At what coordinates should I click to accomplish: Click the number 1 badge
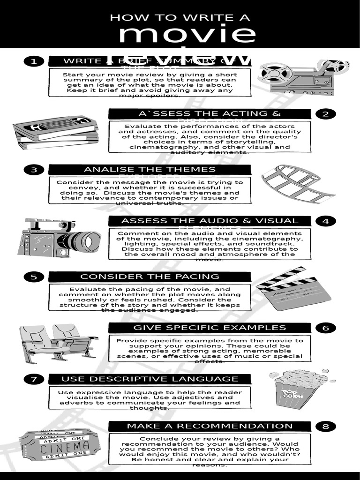pos(33,61)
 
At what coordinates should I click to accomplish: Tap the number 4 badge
pos(326,221)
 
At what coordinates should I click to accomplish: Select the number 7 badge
pos(33,379)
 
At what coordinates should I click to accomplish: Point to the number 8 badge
pos(326,427)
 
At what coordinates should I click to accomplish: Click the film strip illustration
pos(297,184)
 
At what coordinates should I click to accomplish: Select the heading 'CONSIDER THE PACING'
pos(150,277)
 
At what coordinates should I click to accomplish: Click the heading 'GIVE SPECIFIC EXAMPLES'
pos(210,328)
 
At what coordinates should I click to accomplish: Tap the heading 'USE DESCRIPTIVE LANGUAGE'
pos(150,379)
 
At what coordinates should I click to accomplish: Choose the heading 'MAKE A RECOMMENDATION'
pos(210,426)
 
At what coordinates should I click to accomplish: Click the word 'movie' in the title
pos(187,35)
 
